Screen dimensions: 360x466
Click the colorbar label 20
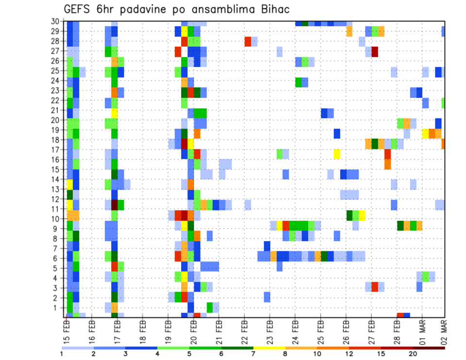[x=413, y=354]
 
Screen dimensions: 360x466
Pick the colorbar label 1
[x=62, y=354]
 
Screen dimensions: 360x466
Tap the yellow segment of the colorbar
[x=269, y=348]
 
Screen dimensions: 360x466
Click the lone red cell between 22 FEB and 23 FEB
[x=248, y=41]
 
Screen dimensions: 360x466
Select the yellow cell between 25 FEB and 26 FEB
[x=337, y=154]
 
